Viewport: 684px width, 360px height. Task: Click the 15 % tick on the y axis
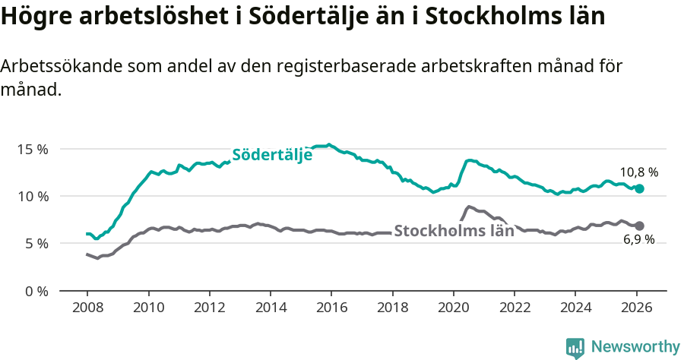click(x=32, y=149)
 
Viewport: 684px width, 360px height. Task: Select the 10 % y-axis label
click(x=32, y=196)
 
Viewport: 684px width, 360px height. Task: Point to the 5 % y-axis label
click(x=36, y=244)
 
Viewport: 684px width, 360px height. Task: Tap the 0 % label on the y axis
click(x=36, y=291)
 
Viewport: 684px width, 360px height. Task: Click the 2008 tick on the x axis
click(x=87, y=308)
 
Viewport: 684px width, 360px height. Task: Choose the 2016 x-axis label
click(x=331, y=308)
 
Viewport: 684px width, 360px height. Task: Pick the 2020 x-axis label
click(x=453, y=308)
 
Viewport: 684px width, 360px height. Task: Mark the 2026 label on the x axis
click(x=636, y=308)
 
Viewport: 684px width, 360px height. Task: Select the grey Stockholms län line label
click(x=454, y=231)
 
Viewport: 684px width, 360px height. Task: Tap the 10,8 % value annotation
click(x=638, y=172)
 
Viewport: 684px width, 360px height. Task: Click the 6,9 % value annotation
click(x=638, y=241)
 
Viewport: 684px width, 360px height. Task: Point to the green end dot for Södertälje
click(x=639, y=188)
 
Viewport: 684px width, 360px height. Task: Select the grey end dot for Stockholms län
click(x=639, y=226)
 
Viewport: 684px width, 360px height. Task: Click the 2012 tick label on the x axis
click(x=209, y=308)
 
